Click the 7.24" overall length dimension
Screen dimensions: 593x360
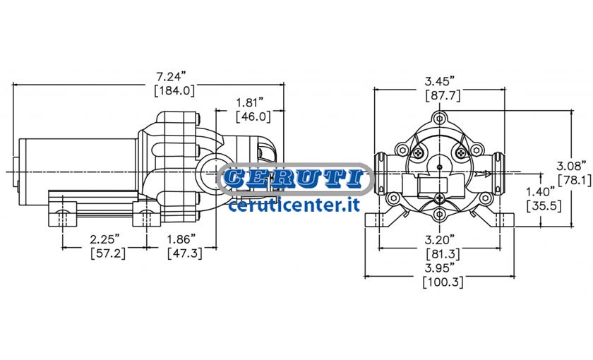172,77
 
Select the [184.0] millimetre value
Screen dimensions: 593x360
174,91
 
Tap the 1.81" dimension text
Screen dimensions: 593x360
250,102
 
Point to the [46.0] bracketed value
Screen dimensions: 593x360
253,116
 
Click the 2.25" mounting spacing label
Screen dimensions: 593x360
104,239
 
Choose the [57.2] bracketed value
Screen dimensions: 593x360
108,253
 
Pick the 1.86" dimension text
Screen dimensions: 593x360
181,239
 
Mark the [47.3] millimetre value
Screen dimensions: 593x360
185,253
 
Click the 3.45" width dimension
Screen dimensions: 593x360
439,81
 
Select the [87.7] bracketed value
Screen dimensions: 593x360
443,95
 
